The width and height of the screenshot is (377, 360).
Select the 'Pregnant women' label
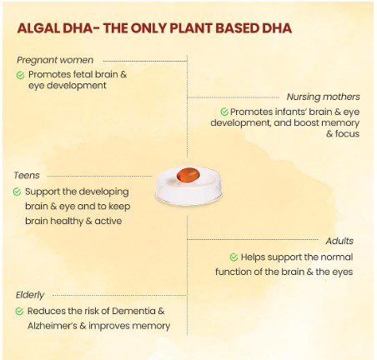coord(55,60)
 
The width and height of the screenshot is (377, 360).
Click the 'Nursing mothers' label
coord(323,97)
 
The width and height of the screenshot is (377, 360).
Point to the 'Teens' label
coord(27,175)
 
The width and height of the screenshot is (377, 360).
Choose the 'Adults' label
coord(339,241)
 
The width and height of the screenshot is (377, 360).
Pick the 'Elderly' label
coord(30,295)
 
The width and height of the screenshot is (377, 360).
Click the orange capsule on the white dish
coord(188,175)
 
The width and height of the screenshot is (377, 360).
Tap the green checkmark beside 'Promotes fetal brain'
coord(20,75)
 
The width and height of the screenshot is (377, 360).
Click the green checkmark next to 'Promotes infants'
coord(224,112)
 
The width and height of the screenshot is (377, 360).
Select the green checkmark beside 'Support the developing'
coord(17,192)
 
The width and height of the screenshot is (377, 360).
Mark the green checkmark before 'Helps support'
coord(234,257)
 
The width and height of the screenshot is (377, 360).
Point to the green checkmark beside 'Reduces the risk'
coord(19,311)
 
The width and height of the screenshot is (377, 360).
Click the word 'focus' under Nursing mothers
coord(348,133)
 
